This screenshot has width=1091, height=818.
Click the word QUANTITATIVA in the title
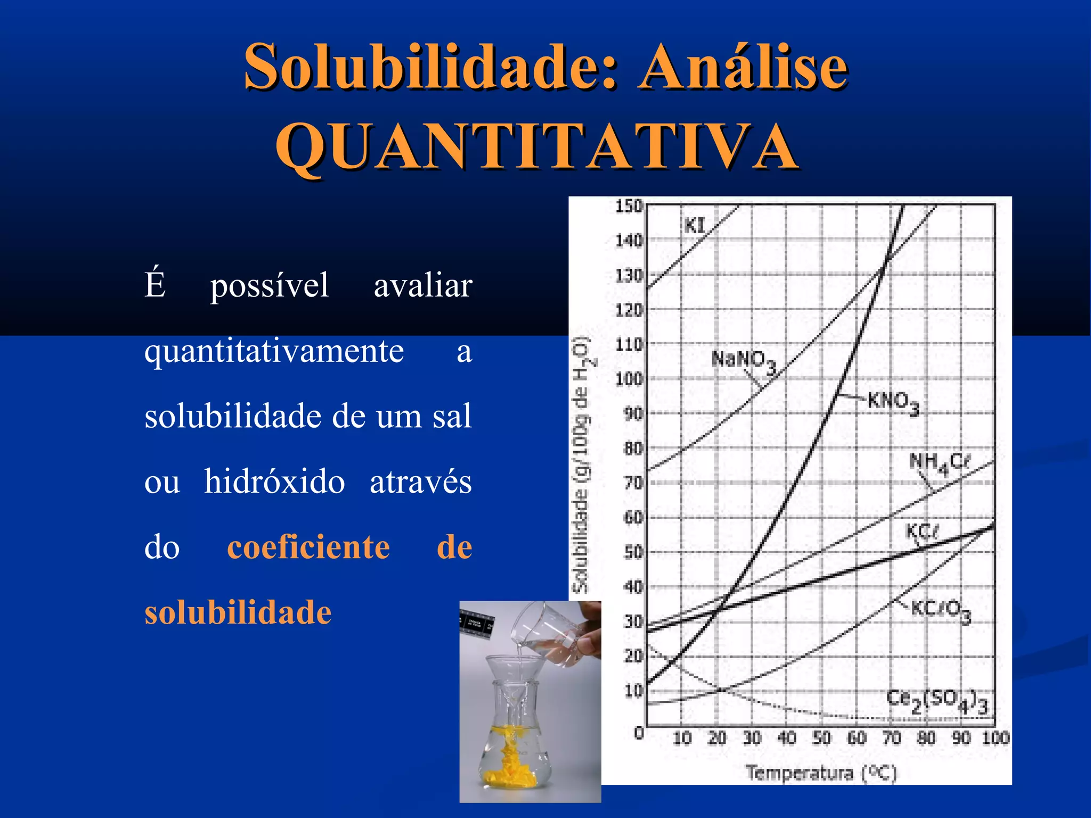[x=537, y=146]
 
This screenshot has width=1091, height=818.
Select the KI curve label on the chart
[x=694, y=226]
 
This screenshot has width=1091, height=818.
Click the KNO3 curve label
[x=893, y=402]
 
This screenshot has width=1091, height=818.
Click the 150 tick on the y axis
[x=629, y=206]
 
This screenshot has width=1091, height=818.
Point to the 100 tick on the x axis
[x=995, y=738]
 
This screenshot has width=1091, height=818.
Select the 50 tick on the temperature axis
[x=821, y=738]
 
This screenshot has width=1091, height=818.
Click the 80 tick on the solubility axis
[x=633, y=449]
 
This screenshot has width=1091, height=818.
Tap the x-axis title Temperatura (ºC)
[x=821, y=773]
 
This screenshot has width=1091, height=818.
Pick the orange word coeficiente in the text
[x=308, y=547]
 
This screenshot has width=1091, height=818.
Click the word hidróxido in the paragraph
[x=274, y=482]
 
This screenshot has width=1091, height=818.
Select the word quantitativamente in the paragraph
[x=274, y=351]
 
